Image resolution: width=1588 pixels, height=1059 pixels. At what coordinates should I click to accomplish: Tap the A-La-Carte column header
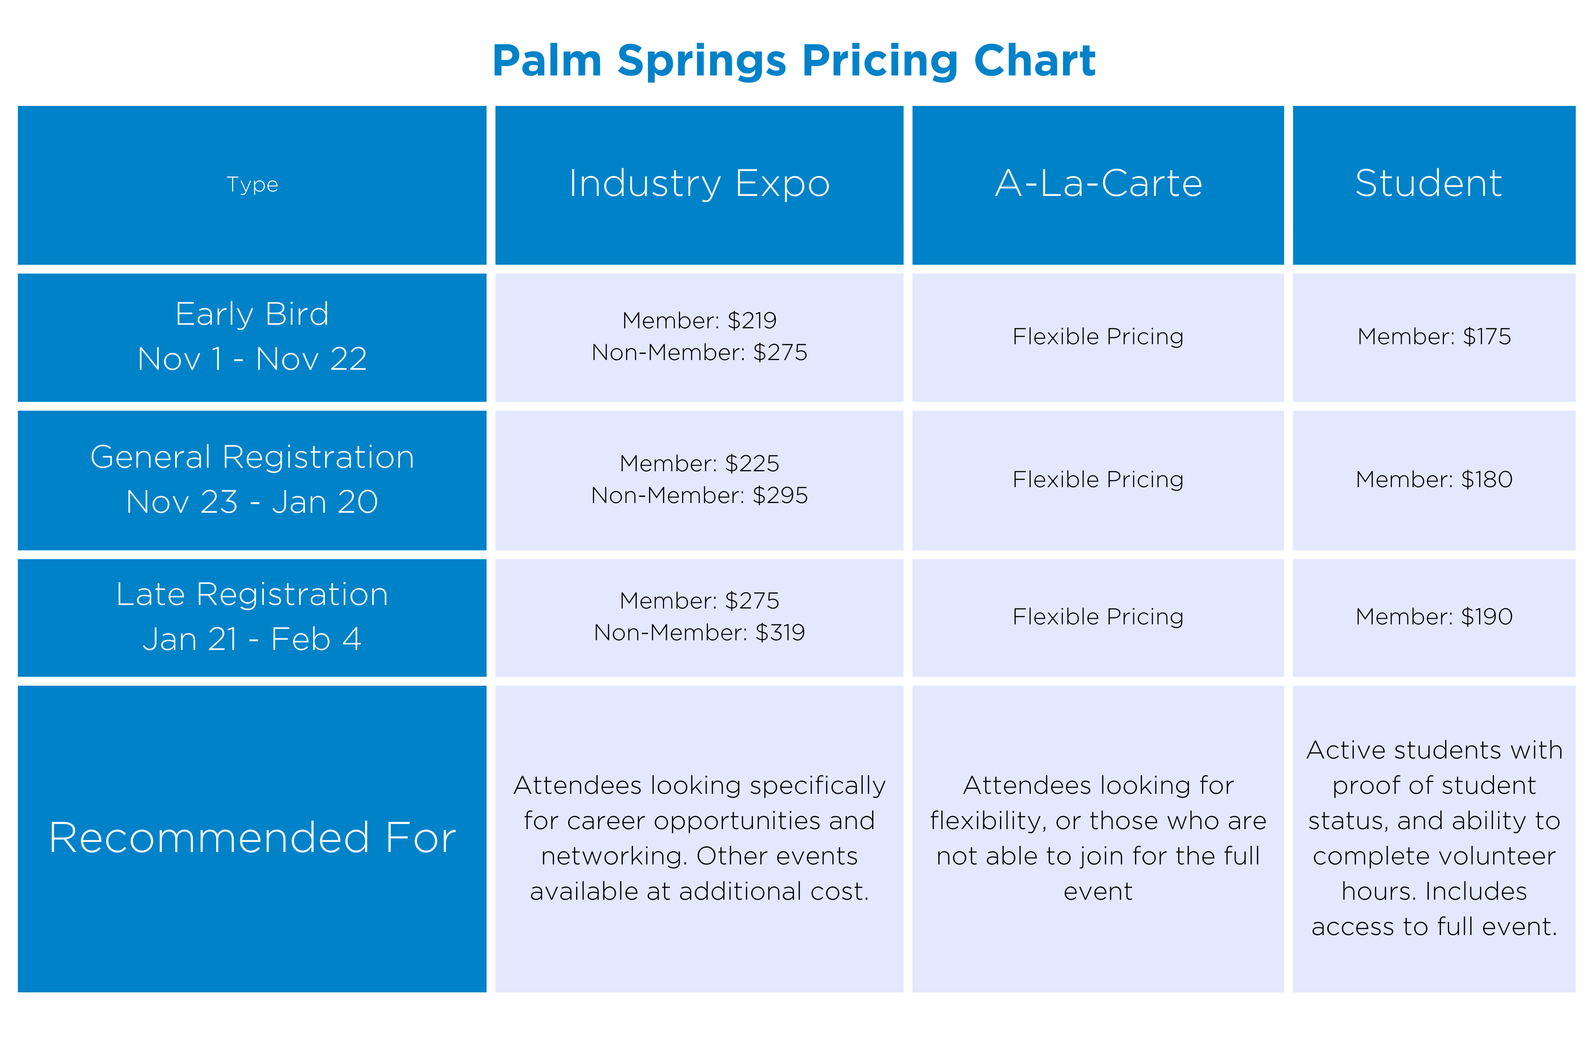point(1098,183)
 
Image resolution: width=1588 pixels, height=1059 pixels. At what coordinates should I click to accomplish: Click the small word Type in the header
point(252,184)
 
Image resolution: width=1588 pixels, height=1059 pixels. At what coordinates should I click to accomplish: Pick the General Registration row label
point(252,457)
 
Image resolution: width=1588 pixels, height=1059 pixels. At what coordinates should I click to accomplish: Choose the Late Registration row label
point(252,594)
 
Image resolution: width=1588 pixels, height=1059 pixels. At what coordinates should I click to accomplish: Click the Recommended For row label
point(252,837)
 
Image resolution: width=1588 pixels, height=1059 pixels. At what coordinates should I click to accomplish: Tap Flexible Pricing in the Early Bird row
point(1098,336)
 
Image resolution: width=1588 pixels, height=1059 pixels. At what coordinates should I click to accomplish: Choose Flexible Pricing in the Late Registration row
point(1098,616)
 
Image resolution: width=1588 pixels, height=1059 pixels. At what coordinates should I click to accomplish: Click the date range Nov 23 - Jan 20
point(252,502)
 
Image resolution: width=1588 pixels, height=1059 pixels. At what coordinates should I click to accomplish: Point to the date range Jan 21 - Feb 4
point(252,639)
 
